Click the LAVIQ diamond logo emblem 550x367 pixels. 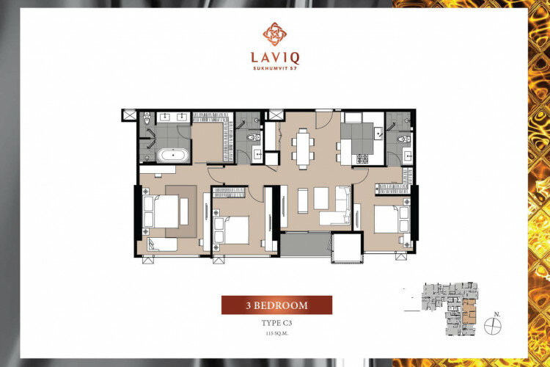(x=275, y=34)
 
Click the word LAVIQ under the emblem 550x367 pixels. (x=275, y=58)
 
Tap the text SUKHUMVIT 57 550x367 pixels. (x=275, y=68)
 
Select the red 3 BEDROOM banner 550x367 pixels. (x=276, y=305)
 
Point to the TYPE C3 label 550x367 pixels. (x=276, y=323)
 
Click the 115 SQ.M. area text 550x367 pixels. (x=276, y=334)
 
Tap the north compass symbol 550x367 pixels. (x=493, y=326)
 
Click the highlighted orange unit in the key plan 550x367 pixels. (x=469, y=312)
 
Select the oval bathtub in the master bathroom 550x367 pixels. (x=173, y=155)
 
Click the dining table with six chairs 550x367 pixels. (x=303, y=149)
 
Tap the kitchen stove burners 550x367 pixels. (x=362, y=159)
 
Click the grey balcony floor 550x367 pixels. (x=305, y=244)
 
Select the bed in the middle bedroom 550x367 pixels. (x=232, y=230)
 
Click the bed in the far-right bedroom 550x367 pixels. (x=392, y=219)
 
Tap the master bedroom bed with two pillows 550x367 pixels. (x=161, y=211)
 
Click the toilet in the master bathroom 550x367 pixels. (x=147, y=119)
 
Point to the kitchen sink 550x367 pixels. (x=378, y=134)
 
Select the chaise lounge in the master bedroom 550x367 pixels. (x=162, y=244)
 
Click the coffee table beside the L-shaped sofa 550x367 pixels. (x=321, y=198)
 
